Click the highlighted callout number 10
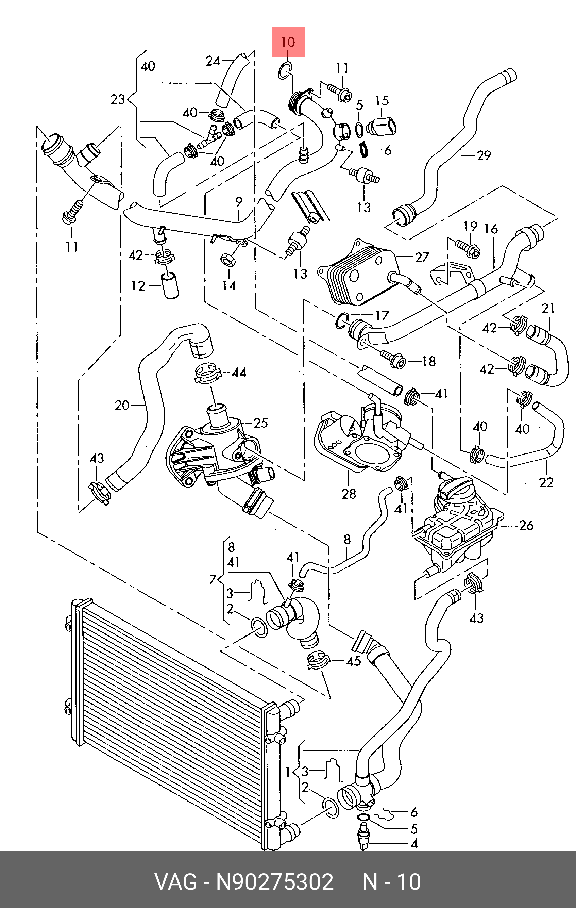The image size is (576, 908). [x=288, y=42]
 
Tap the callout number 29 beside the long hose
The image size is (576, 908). [x=484, y=155]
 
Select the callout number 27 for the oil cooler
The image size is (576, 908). [x=422, y=257]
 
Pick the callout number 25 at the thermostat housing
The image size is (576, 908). [x=260, y=423]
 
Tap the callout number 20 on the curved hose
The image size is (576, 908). [x=122, y=406]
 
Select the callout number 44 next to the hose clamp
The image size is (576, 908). [x=239, y=373]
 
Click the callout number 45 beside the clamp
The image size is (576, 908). [x=353, y=660]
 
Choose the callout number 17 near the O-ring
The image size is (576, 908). [x=382, y=315]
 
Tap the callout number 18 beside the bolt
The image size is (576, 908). [x=429, y=361]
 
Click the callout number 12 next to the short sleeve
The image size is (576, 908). [x=138, y=286]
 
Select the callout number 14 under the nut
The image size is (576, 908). [x=229, y=285]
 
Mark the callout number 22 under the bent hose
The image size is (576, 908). [x=546, y=482]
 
